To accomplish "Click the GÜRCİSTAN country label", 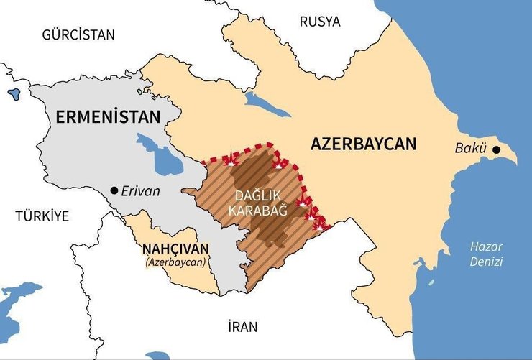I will coord(78,34).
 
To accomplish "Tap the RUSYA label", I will coord(320,21).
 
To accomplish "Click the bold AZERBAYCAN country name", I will coord(363,144).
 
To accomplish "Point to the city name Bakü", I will coord(471,149).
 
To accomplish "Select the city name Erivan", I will coord(141,191).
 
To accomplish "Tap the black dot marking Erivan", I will coord(114,190).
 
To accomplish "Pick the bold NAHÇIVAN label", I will coord(175,249).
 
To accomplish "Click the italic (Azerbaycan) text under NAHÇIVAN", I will coord(175,262).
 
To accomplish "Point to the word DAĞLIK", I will coord(257,195).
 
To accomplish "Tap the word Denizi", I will coord(486,262).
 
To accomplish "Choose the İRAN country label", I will coord(242,327).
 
